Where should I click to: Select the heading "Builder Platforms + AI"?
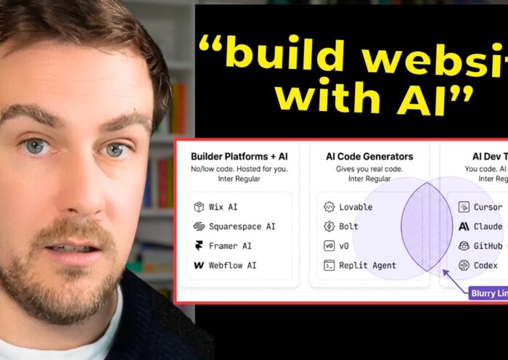tap(239, 156)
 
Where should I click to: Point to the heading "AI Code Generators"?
tap(369, 156)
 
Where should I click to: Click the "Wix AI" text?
tap(223, 207)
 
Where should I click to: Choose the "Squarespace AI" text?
tap(242, 226)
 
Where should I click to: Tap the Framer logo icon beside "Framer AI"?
tap(198, 246)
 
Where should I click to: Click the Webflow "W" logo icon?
tap(198, 266)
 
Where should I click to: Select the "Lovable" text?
tap(356, 207)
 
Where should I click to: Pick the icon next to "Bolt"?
tap(329, 226)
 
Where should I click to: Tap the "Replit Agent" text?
tap(368, 266)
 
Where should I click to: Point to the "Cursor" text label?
tap(488, 207)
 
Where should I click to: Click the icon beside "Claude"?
tap(464, 226)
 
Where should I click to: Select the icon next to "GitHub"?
tap(464, 246)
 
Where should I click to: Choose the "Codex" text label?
tap(486, 266)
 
